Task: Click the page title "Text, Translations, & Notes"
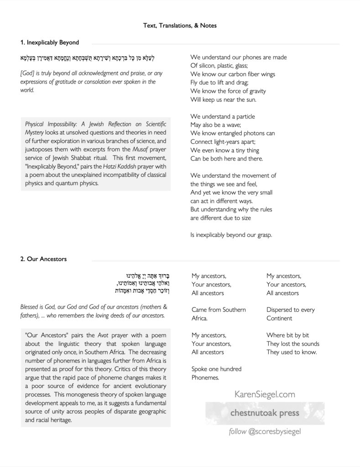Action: (x=180, y=26)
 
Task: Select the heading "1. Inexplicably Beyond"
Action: (x=50, y=42)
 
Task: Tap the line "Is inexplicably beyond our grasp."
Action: (x=231, y=235)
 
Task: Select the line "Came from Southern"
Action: (x=219, y=310)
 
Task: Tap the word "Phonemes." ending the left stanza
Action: (x=205, y=378)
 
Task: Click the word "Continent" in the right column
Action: (x=279, y=318)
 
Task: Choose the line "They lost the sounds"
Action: (x=293, y=344)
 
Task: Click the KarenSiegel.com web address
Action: (x=265, y=394)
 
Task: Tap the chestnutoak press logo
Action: (x=265, y=413)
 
